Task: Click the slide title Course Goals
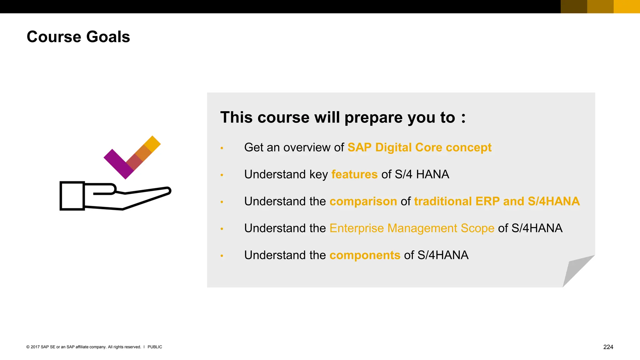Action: (x=78, y=37)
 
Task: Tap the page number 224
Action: (x=608, y=347)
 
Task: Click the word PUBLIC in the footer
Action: (x=155, y=347)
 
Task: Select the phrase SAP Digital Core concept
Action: (x=419, y=147)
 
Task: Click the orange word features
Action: (x=354, y=174)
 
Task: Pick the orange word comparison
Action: (x=363, y=201)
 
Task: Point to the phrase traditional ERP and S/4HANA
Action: (x=497, y=201)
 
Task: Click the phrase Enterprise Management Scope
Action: (x=412, y=228)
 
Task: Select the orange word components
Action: (x=365, y=255)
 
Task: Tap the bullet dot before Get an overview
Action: (x=222, y=148)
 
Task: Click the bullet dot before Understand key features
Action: (x=222, y=175)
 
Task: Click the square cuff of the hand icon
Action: (x=72, y=196)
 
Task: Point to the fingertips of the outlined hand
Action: (x=167, y=190)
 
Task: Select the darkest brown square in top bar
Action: (x=574, y=7)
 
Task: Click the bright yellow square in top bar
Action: (x=627, y=7)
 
